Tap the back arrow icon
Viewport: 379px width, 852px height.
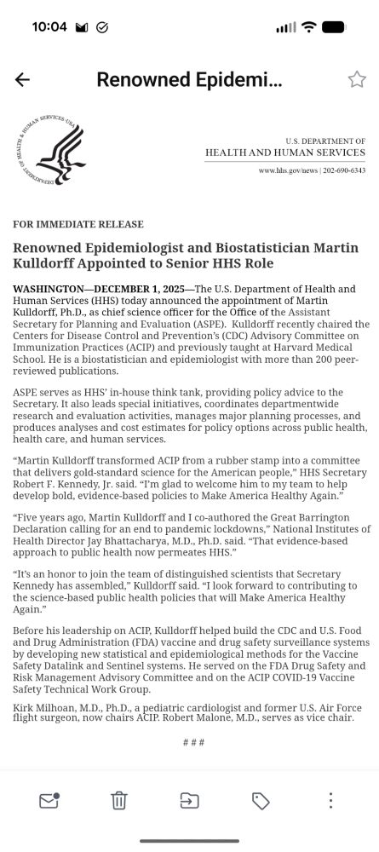tap(22, 79)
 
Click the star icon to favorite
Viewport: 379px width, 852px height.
tap(357, 79)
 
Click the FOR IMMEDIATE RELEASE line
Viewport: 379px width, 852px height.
tap(78, 224)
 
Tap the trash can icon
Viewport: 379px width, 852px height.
tap(119, 800)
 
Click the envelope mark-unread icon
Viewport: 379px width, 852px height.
tap(49, 800)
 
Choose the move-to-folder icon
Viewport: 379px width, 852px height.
tap(189, 800)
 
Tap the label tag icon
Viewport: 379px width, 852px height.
tap(261, 800)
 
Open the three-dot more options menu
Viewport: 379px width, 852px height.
tap(330, 800)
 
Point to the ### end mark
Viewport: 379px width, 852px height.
tap(193, 742)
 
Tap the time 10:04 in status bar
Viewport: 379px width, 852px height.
tap(49, 26)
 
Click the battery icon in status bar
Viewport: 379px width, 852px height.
tap(333, 26)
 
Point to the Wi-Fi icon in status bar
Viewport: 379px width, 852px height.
tap(307, 26)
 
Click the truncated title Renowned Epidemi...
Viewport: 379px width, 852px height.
tap(189, 79)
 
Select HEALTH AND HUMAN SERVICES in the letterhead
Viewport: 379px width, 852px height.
tap(284, 153)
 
